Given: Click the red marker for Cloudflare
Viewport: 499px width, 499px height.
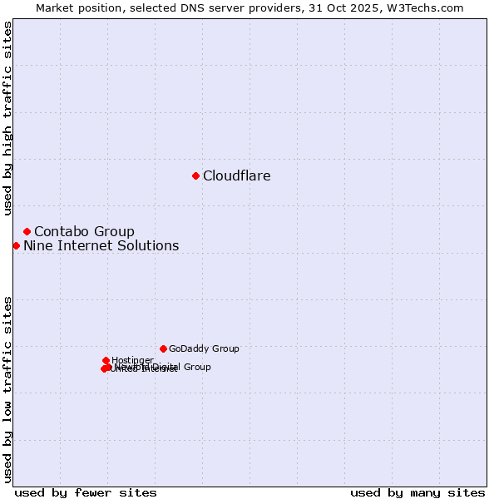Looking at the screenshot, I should [195, 175].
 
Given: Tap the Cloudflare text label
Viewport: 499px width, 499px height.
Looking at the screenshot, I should [237, 175].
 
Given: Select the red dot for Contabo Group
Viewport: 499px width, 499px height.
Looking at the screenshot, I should [27, 231].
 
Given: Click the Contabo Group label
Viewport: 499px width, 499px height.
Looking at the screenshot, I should [84, 231].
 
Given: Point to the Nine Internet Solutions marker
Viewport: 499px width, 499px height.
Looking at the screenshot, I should [16, 245].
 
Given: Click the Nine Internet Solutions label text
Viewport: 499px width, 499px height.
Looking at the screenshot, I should [101, 245].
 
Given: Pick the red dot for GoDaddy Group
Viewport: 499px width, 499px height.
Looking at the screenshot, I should [163, 348].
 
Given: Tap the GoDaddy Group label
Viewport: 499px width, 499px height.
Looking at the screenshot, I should [204, 348].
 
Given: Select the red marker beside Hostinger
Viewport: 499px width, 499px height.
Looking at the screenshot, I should [106, 360].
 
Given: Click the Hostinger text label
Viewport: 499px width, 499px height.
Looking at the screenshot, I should [132, 360].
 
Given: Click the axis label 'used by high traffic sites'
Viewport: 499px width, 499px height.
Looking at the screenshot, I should [7, 118].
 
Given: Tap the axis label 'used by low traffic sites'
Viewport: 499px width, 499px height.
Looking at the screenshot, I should [7, 388].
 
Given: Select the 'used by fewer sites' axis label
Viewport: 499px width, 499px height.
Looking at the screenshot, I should [86, 492].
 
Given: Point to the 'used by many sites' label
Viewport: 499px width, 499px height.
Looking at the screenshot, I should [417, 492].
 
